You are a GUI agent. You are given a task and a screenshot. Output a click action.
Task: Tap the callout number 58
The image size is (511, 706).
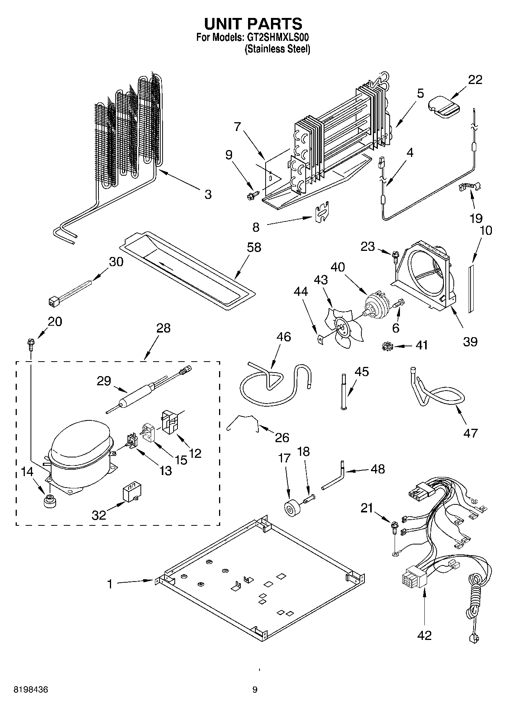254,247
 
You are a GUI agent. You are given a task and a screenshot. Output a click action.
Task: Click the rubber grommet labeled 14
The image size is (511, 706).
49,501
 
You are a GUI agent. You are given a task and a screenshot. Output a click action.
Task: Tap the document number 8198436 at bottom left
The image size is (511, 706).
31,690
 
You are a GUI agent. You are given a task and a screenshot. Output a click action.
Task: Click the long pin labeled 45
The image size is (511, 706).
343,391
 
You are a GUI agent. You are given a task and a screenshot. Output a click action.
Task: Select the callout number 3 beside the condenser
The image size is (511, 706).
208,194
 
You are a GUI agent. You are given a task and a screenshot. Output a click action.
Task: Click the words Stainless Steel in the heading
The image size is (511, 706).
277,49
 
